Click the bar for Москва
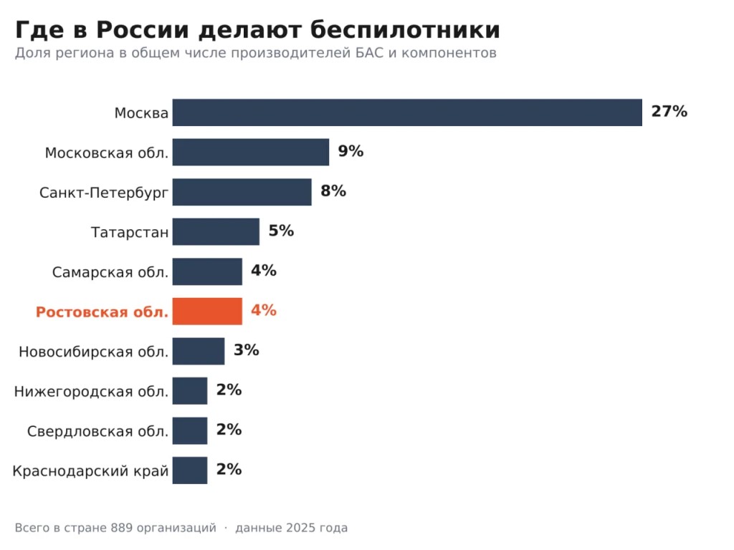pos(407,112)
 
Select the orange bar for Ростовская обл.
pos(207,311)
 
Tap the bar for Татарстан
pos(216,231)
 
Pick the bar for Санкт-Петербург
pos(242,192)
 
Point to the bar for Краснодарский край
pos(190,470)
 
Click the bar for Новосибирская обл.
pos(199,351)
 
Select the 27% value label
pos(669,111)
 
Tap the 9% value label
pos(351,151)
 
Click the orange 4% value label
pos(264,310)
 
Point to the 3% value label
pos(247,349)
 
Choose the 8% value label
pos(333,190)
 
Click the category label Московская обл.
pos(107,153)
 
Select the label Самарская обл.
pos(110,272)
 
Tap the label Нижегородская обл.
pos(91,392)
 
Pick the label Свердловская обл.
pos(97,431)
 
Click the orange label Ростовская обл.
pos(102,312)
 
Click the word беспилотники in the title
pos(405,30)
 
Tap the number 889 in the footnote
pos(121,528)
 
